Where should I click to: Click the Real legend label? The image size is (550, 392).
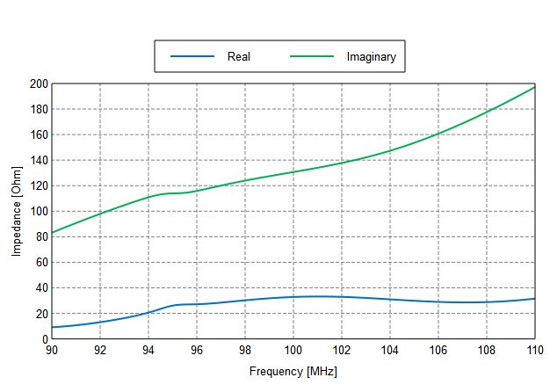(x=239, y=56)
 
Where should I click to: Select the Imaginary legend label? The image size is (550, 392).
(x=371, y=56)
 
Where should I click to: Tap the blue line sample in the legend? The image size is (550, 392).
(x=192, y=56)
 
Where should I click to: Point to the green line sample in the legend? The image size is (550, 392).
(x=312, y=56)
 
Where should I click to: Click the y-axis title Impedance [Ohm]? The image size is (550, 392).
(x=16, y=211)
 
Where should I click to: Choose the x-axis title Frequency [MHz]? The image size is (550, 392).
(x=293, y=372)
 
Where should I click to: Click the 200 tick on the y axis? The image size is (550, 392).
(x=38, y=84)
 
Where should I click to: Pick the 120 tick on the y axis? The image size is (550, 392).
(x=38, y=186)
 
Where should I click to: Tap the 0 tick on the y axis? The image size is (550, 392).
(x=44, y=339)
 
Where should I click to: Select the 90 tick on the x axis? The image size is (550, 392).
(x=53, y=351)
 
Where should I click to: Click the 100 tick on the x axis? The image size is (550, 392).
(x=293, y=351)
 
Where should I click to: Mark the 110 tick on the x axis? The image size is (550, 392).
(x=534, y=351)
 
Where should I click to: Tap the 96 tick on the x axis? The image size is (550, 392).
(x=197, y=351)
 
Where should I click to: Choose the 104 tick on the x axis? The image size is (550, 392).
(x=390, y=351)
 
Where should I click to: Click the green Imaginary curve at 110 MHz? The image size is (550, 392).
(x=534, y=87)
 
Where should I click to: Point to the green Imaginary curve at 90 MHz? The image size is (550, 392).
(x=53, y=233)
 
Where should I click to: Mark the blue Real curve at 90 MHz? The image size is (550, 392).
(x=53, y=327)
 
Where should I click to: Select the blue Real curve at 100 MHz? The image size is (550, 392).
(x=293, y=297)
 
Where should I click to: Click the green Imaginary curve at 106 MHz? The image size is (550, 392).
(x=438, y=134)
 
